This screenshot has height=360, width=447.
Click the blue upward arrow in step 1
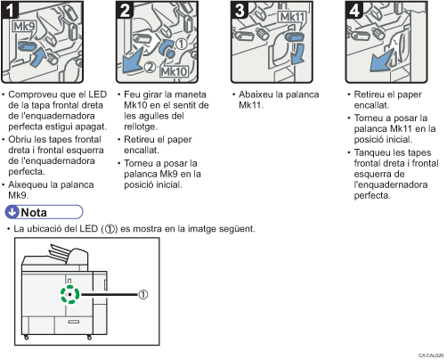pyautogui.click(x=37, y=58)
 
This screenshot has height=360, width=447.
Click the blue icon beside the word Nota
pyautogui.click(x=12, y=211)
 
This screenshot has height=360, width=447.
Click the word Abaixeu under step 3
pyautogui.click(x=259, y=94)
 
